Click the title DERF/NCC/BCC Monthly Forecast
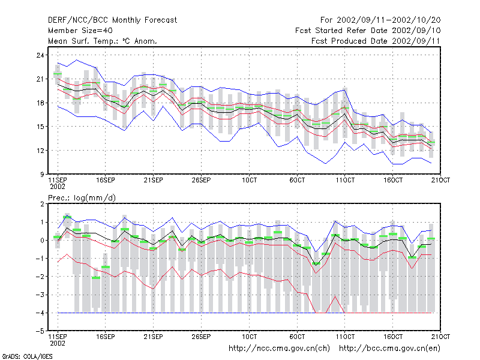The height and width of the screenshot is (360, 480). click(x=112, y=20)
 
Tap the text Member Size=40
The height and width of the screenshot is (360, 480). click(x=80, y=31)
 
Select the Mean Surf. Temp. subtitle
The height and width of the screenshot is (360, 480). click(x=102, y=41)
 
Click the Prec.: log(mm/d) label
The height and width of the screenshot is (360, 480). click(x=82, y=198)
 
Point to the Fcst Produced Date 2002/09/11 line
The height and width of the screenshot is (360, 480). click(x=376, y=41)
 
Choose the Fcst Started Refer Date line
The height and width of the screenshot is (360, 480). click(x=368, y=31)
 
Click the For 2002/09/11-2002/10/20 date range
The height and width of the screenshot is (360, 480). click(x=380, y=20)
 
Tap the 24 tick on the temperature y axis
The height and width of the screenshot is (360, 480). click(x=40, y=55)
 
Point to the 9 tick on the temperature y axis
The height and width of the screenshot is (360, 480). click(x=42, y=174)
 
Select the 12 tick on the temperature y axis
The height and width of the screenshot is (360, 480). click(x=40, y=151)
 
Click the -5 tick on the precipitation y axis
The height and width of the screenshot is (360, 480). click(x=40, y=331)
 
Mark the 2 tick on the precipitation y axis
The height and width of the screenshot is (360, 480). click(x=42, y=204)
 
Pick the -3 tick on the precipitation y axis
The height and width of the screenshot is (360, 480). click(x=40, y=295)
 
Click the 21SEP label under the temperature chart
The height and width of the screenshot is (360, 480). click(x=154, y=180)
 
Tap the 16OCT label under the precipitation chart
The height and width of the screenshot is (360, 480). click(x=393, y=337)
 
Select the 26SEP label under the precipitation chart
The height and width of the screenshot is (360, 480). click(x=201, y=337)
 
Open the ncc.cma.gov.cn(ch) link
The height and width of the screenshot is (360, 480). click(x=279, y=349)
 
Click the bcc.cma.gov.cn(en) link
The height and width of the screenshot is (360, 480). click(x=389, y=349)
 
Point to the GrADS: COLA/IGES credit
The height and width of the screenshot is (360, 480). click(x=28, y=356)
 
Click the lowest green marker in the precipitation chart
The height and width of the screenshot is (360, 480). click(x=96, y=278)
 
